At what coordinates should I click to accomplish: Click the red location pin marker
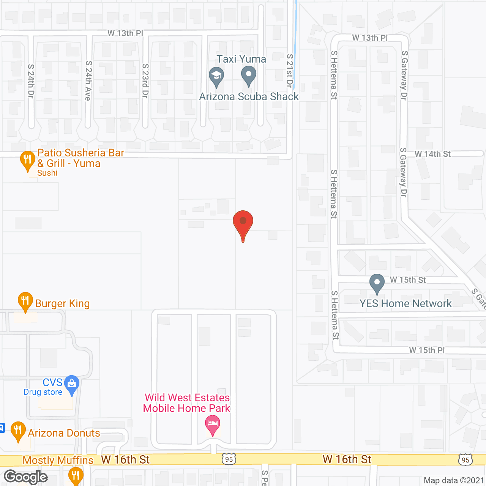click(243, 222)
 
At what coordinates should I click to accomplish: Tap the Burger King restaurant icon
click(25, 301)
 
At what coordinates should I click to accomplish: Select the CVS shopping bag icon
click(71, 384)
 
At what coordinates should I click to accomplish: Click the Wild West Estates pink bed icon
click(213, 424)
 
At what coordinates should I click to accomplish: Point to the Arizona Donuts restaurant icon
click(18, 431)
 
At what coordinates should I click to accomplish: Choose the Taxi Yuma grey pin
click(249, 75)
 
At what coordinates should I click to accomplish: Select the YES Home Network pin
click(377, 283)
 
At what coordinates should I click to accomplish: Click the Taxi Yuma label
click(241, 59)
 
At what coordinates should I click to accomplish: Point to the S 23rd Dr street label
click(145, 81)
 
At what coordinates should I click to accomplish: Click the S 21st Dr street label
click(290, 71)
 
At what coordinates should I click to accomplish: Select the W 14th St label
click(432, 154)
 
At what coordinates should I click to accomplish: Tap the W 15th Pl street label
click(427, 350)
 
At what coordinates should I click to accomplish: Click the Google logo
click(26, 477)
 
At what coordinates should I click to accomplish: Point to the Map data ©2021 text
click(454, 480)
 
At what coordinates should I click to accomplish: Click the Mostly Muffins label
click(58, 460)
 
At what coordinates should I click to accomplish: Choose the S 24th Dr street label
click(31, 81)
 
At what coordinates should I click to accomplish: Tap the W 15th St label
click(408, 280)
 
